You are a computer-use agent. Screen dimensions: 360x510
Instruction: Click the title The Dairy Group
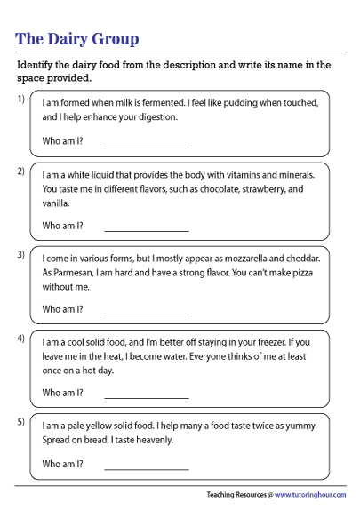[x=77, y=38]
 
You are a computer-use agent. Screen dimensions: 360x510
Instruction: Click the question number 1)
[x=20, y=99]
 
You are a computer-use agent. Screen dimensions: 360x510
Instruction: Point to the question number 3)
[x=20, y=255]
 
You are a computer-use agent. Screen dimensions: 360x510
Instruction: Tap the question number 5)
[x=20, y=422]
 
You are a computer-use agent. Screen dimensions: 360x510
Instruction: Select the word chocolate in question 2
[x=217, y=190]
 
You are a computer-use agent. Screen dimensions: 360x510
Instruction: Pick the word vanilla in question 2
[x=57, y=203]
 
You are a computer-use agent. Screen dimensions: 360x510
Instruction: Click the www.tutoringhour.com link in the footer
[x=311, y=494]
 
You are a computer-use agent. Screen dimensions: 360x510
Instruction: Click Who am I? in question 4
[x=63, y=393]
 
